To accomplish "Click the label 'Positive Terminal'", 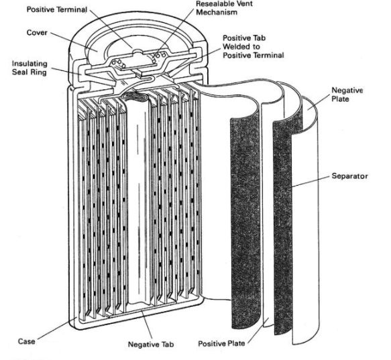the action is click(57, 9).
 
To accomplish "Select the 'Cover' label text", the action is click(37, 33).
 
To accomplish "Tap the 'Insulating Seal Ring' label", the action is click(30, 68).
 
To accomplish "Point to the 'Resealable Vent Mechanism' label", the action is click(224, 8).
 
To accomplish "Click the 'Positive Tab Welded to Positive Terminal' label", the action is click(253, 47).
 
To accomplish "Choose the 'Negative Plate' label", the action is click(347, 95).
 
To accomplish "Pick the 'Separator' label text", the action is click(349, 176).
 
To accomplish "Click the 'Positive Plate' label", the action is click(221, 343).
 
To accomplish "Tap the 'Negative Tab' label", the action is click(151, 345).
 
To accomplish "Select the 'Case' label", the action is click(26, 341).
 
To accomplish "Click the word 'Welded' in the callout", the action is click(235, 47).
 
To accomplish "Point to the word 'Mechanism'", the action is click(217, 12).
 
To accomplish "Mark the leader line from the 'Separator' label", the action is click(311, 182).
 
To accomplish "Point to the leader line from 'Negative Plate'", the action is click(320, 102).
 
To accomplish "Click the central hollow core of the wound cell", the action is click(138, 200).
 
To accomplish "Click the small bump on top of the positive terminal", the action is click(137, 52).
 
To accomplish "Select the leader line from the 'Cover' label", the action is click(74, 42).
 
